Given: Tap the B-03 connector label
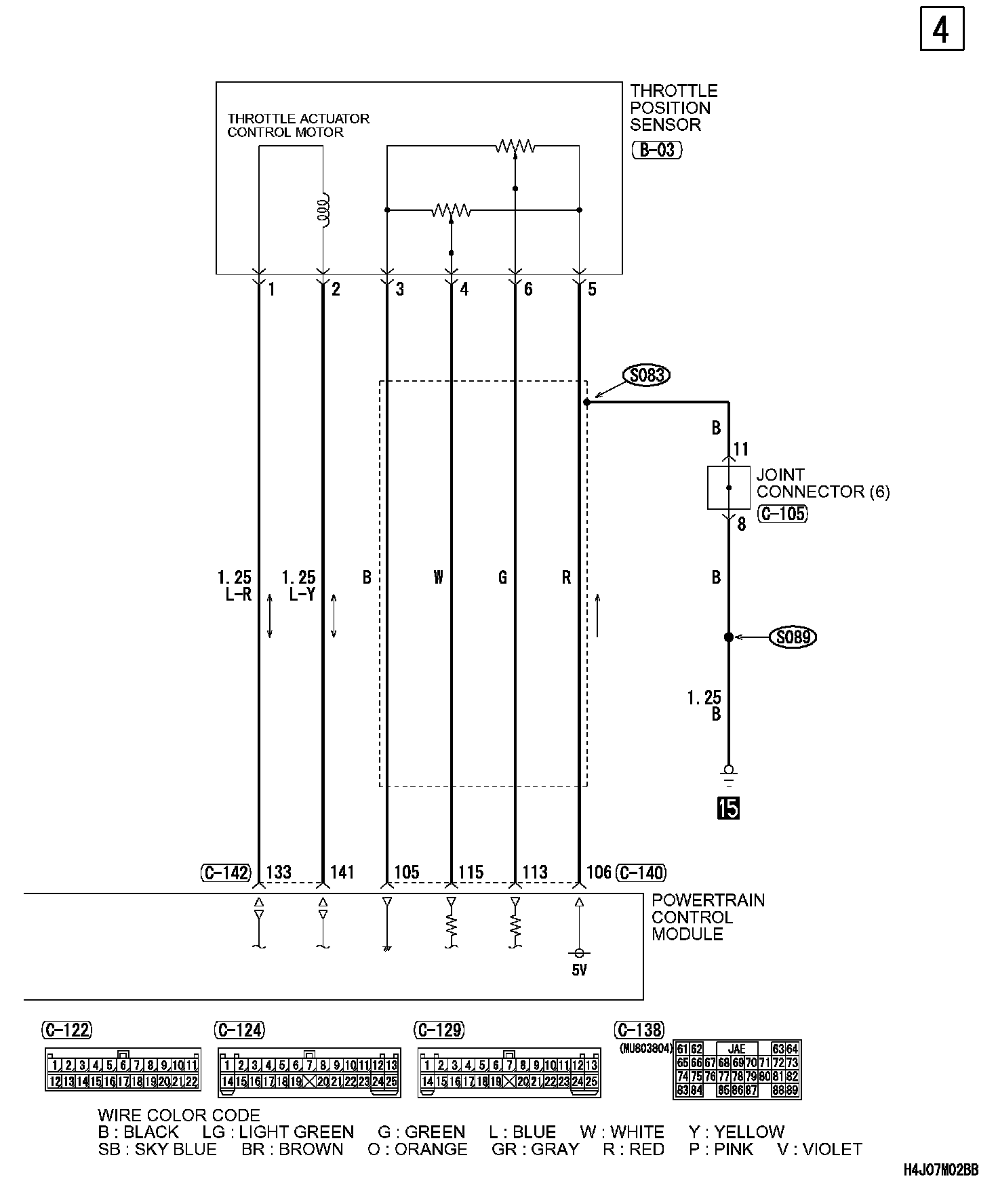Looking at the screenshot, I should point(656,150).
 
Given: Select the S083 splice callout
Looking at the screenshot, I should point(647,376).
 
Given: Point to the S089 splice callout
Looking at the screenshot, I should point(793,637).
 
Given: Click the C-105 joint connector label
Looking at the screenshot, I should point(783,514).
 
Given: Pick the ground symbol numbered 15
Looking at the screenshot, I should point(729,808).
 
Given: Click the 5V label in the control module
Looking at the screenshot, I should point(578,970).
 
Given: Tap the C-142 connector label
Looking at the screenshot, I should point(226,872).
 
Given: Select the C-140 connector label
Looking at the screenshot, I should point(641,872).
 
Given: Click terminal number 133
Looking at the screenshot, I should point(278,872).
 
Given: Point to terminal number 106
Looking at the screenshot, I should point(599,872).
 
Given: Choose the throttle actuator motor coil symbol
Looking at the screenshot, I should point(325,211).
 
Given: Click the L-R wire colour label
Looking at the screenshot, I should point(239,595).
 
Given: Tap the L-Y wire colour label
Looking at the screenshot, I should point(302,595).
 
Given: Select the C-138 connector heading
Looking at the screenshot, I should point(639,1030).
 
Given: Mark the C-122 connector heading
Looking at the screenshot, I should point(66,1030).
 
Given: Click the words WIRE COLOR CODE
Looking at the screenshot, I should point(179,1115).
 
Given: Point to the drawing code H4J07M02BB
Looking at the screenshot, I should point(940,1170).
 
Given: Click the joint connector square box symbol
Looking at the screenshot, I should point(728,487).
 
